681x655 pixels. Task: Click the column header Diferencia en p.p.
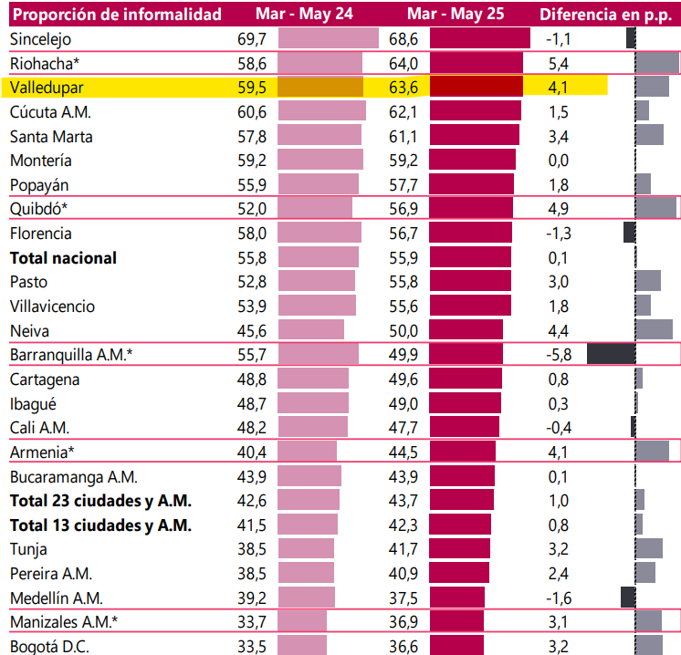[605, 15]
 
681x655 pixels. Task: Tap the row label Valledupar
[48, 88]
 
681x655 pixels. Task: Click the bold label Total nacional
[63, 258]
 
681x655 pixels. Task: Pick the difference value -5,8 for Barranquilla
[558, 355]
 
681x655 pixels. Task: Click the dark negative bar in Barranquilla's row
[610, 355]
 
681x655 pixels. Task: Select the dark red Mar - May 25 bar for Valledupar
[476, 88]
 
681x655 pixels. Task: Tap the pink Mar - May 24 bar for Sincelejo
[328, 39]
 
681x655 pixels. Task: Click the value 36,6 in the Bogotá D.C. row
[403, 647]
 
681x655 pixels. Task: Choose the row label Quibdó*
[39, 209]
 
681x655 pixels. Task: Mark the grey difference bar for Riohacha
[657, 63]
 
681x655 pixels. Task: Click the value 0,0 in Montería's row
[559, 161]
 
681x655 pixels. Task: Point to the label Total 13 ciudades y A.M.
[100, 525]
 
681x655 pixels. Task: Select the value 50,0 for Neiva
[403, 330]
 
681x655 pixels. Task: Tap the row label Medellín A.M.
[57, 598]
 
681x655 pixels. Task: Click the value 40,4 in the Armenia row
[250, 452]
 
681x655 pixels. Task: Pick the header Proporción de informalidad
[118, 15]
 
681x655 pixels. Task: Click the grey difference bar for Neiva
[654, 330]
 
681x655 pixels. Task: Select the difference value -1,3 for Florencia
[558, 234]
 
